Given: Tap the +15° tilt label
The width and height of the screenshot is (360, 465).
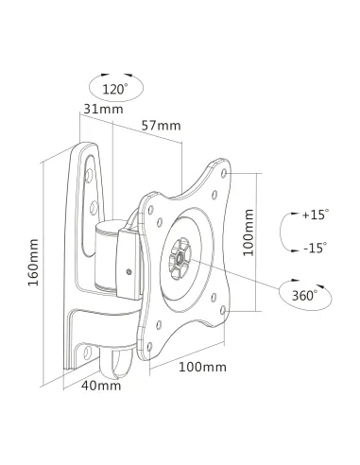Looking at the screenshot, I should click(314, 215).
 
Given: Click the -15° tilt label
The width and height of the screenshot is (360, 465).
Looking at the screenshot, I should click(315, 248).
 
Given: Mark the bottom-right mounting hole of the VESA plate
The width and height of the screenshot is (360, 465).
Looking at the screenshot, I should click(218, 309).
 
